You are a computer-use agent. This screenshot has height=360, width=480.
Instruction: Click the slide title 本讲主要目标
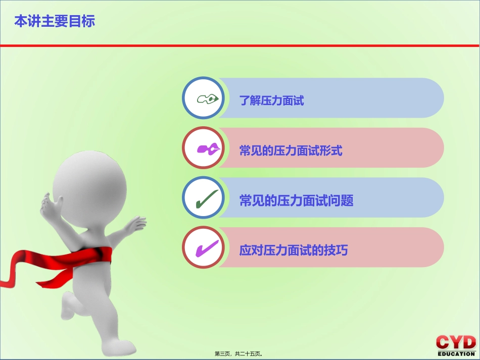point(55,21)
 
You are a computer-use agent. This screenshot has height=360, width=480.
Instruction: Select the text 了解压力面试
point(271,100)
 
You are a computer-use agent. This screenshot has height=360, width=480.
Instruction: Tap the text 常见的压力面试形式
point(291,150)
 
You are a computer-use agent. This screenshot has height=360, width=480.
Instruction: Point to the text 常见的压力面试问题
point(296,200)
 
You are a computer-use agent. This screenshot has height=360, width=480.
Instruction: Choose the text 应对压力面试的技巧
point(293,250)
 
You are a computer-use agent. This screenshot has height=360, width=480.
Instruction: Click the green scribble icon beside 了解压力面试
point(207,98)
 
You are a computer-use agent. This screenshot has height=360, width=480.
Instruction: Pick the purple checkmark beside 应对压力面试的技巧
point(207,248)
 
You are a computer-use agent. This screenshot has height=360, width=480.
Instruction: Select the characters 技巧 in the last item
point(337,250)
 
